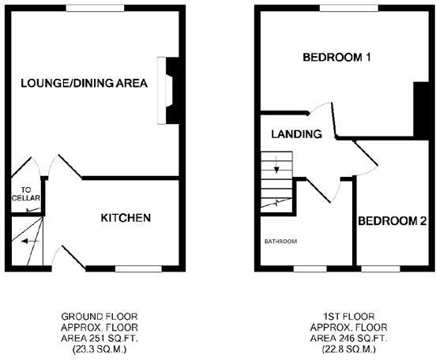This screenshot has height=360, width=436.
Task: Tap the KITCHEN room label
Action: pos(125,218)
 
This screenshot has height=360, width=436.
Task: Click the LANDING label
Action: pos(296,134)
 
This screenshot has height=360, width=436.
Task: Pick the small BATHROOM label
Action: pos(280,241)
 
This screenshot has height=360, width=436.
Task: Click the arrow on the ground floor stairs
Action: pos(31,241)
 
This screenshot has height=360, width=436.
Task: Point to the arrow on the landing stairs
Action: pos(276,167)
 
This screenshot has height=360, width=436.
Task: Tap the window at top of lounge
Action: pos(86,7)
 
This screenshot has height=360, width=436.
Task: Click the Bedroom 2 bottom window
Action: pos(381,268)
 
